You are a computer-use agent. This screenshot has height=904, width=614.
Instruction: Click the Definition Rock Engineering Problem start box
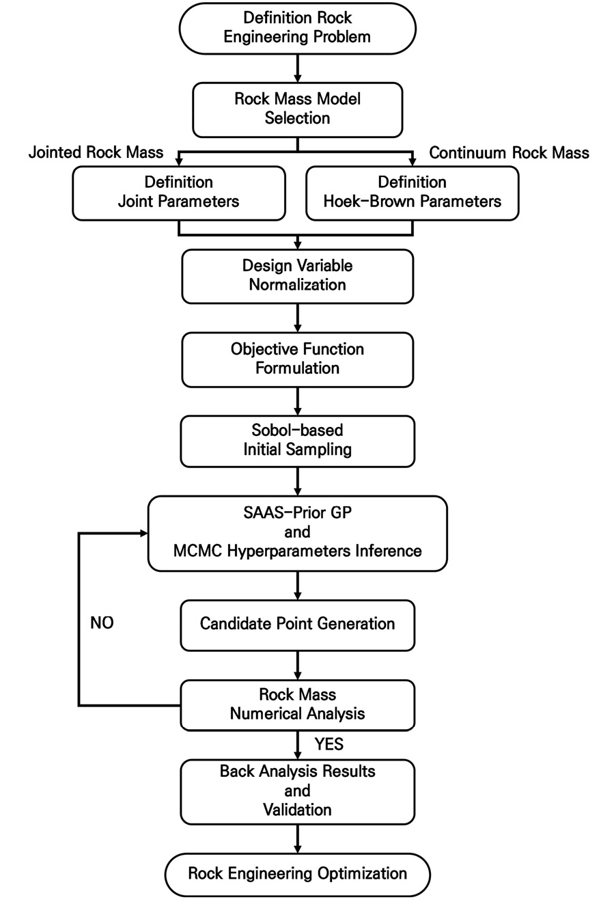(x=297, y=28)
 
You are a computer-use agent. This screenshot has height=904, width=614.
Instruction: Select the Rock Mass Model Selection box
(x=297, y=110)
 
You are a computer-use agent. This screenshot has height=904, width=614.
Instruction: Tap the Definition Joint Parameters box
(x=179, y=193)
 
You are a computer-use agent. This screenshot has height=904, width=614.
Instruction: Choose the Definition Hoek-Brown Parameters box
(x=413, y=193)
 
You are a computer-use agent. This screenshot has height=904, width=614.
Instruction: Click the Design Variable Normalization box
(x=297, y=277)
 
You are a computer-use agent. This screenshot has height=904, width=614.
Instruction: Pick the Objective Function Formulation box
(x=297, y=359)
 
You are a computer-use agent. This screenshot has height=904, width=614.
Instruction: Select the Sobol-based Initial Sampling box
(x=297, y=441)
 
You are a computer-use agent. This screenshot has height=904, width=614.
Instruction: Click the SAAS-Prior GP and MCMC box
(x=297, y=534)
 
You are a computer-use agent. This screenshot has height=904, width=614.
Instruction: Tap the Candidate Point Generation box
(x=297, y=625)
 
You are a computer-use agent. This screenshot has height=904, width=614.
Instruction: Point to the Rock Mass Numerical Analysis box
(x=297, y=705)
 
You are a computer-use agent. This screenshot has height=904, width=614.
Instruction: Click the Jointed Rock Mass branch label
(x=96, y=152)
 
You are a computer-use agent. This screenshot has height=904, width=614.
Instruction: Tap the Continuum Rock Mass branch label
(x=509, y=152)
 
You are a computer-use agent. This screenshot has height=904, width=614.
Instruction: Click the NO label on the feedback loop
(x=102, y=622)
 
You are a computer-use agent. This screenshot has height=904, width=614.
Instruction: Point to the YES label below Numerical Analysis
(x=329, y=744)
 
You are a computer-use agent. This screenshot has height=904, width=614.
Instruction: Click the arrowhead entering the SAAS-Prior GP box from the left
(x=144, y=534)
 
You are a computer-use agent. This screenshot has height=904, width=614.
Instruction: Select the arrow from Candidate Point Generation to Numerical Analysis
(x=297, y=666)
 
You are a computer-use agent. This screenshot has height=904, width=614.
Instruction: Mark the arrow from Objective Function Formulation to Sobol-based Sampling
(x=297, y=402)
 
